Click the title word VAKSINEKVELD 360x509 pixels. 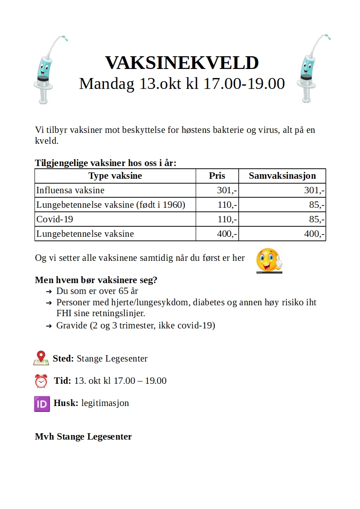click(182, 63)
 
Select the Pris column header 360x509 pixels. click(217, 176)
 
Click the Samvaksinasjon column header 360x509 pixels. click(282, 176)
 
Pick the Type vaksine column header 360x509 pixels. click(115, 176)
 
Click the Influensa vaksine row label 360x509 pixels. click(70, 191)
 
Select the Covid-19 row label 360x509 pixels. click(54, 220)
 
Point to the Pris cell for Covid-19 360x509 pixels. click(227, 220)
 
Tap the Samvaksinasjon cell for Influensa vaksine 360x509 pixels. click(314, 191)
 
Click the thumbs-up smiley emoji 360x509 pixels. click(269, 260)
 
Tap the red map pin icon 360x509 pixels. click(41, 358)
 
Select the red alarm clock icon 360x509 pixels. click(41, 381)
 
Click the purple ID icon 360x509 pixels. click(42, 403)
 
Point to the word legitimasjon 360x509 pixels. click(105, 403)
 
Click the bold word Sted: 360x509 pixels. click(63, 358)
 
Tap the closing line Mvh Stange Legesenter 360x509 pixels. click(83, 437)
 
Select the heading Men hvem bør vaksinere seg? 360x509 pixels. click(96, 280)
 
